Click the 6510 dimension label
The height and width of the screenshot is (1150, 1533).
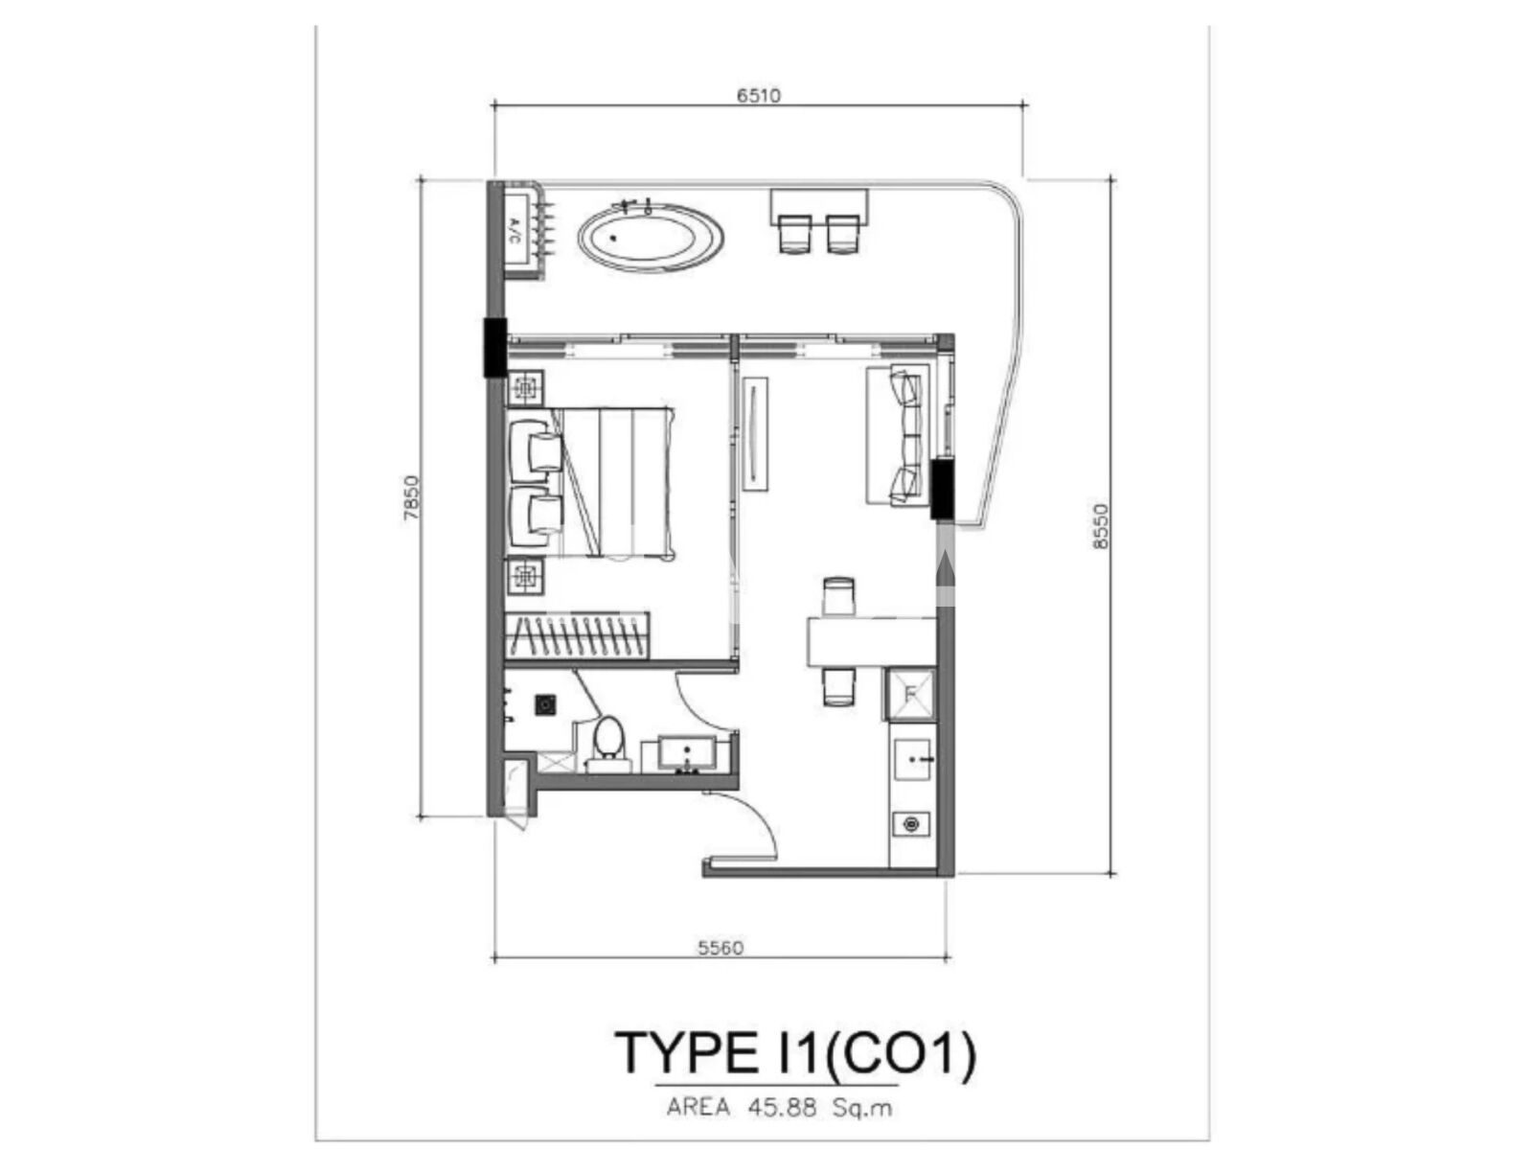tap(758, 95)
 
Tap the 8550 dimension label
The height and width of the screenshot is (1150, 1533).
tap(1100, 525)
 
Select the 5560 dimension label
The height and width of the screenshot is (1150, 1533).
tap(721, 948)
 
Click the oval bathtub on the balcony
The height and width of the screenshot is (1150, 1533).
tap(651, 237)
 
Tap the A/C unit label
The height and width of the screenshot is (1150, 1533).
tap(515, 230)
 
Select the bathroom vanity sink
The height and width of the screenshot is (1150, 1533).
tap(687, 754)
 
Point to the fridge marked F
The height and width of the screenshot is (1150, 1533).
tap(909, 695)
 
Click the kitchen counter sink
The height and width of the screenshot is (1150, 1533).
tap(912, 760)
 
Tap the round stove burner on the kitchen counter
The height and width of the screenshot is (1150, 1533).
tap(910, 824)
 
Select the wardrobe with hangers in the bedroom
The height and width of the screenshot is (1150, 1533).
tap(577, 635)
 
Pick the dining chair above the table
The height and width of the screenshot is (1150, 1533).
tap(838, 596)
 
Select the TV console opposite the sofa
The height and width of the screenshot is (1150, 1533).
tap(755, 433)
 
